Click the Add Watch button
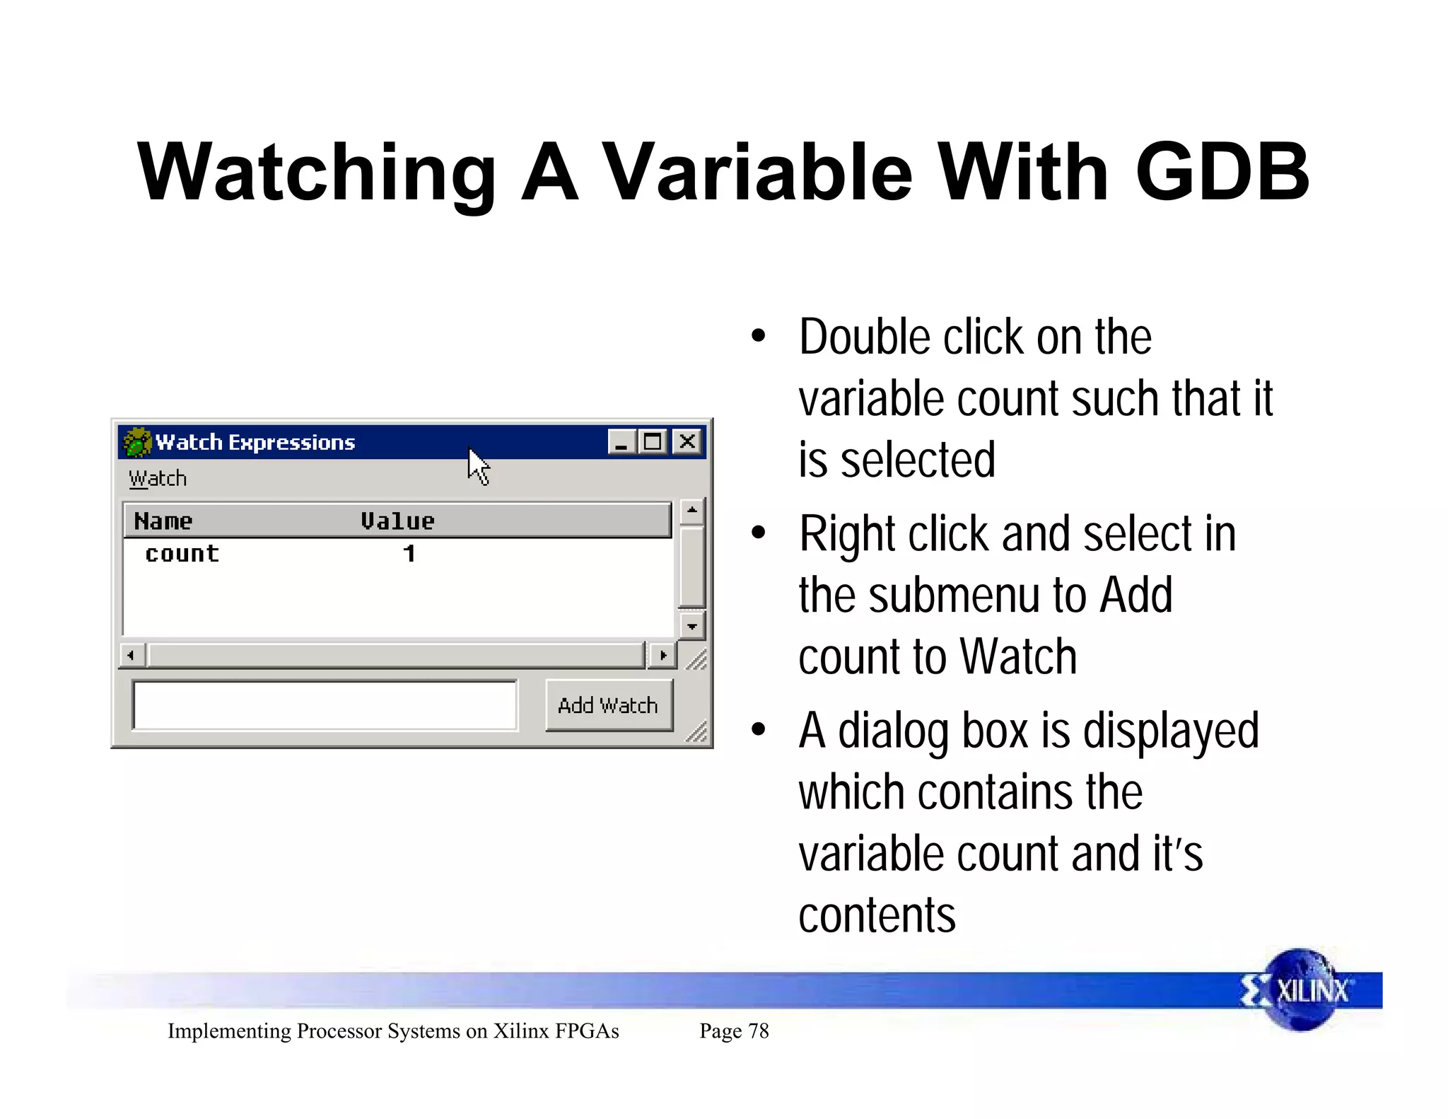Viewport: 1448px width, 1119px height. click(x=608, y=705)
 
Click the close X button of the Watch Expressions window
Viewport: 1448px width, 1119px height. click(x=687, y=442)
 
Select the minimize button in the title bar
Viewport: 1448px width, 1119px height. click(x=621, y=442)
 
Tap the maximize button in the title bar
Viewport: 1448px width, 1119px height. click(x=653, y=442)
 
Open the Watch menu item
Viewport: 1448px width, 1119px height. click(x=158, y=479)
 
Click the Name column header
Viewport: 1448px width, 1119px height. click(x=163, y=521)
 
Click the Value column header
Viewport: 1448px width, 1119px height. click(x=397, y=521)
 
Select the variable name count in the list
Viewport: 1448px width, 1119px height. click(x=182, y=554)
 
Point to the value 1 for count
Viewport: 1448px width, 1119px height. click(x=409, y=554)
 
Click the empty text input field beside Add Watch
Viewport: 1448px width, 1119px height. click(x=325, y=705)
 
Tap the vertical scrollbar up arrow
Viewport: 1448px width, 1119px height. click(x=691, y=511)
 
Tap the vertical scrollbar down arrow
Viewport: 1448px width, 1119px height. click(x=691, y=626)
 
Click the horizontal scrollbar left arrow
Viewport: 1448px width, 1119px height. click(x=132, y=656)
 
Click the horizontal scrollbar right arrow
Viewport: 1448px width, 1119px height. click(x=662, y=656)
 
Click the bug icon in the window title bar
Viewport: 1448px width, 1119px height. click(x=137, y=443)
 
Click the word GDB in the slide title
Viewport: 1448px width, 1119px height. click(x=1222, y=172)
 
